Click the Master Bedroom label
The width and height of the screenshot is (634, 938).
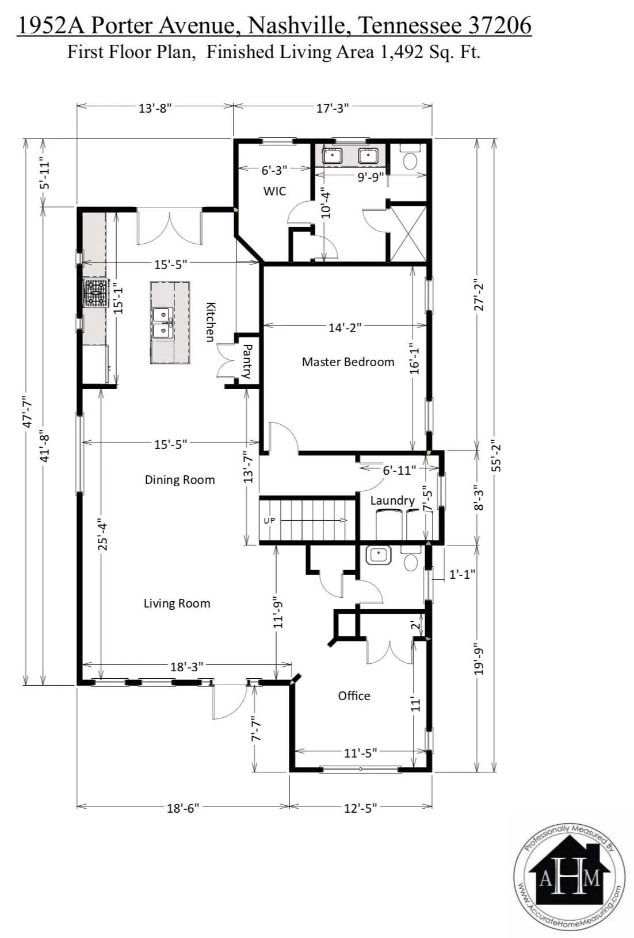coord(348,362)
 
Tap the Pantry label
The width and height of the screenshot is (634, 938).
coord(247,361)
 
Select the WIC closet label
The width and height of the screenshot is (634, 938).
coord(274,191)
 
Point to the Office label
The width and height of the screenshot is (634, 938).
coord(354,696)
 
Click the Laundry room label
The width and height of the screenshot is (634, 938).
coord(392,501)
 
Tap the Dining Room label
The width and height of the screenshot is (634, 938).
coord(179,480)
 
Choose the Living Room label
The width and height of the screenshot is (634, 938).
coord(177,603)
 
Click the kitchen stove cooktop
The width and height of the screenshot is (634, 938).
coord(96,293)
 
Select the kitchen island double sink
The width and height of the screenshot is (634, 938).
coord(163,322)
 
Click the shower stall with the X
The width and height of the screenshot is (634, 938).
coord(408,233)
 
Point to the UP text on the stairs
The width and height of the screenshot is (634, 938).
coord(269,521)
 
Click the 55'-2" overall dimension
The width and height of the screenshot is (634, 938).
coord(496,455)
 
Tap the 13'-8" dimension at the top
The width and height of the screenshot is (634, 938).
coord(155,108)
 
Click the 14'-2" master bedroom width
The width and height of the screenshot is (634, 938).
coord(345,328)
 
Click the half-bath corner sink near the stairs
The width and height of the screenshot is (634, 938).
coord(379,555)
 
